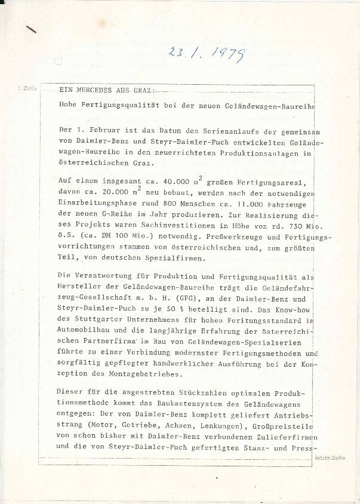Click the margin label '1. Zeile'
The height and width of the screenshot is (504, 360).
pos(27,88)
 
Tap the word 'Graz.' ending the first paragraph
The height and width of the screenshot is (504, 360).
pos(142,163)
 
